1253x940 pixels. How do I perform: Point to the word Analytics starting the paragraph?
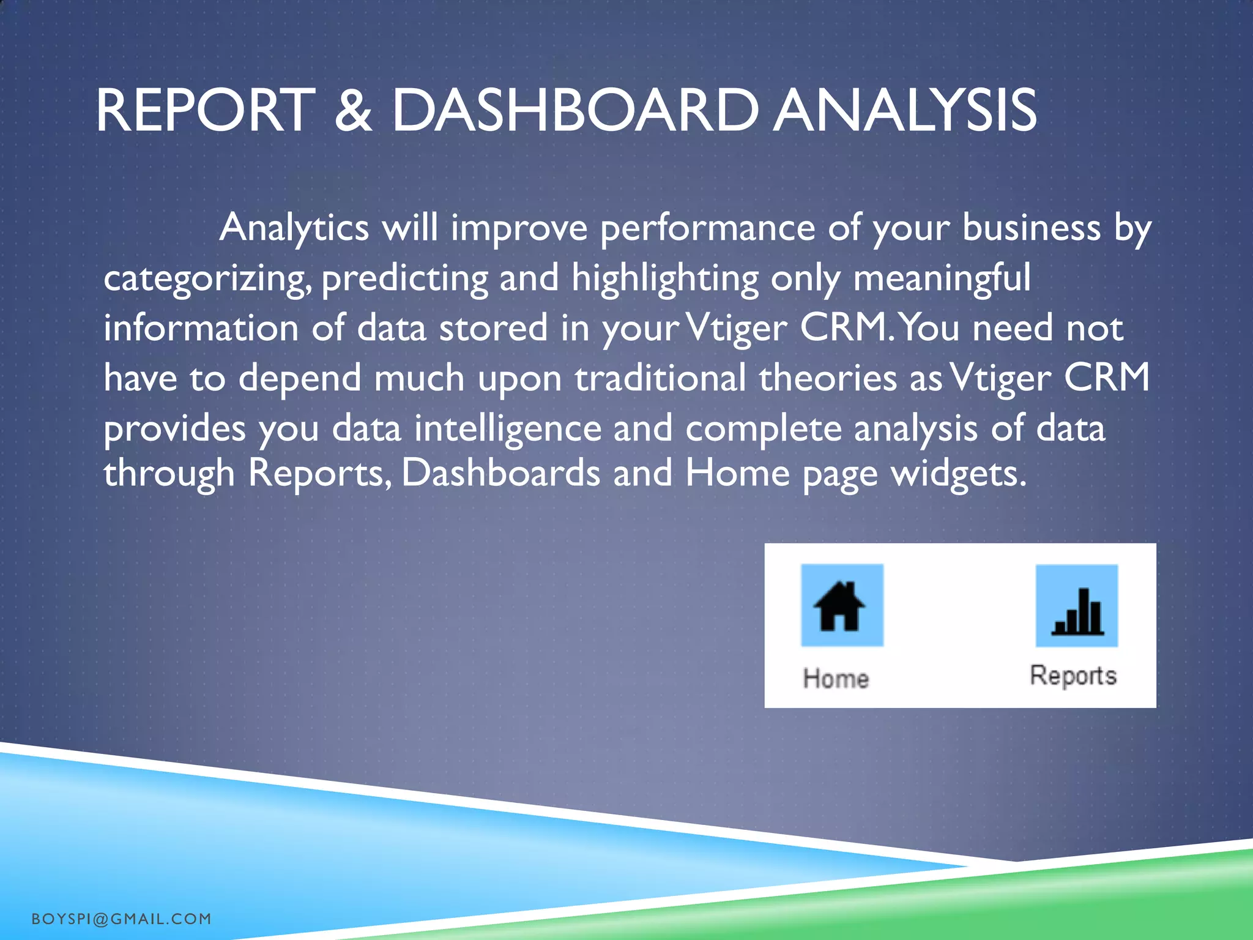click(294, 228)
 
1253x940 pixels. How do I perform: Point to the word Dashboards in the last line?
click(500, 474)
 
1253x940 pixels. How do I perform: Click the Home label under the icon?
click(836, 679)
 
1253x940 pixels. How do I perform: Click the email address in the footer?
click(121, 919)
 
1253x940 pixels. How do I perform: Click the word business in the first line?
click(1031, 228)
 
